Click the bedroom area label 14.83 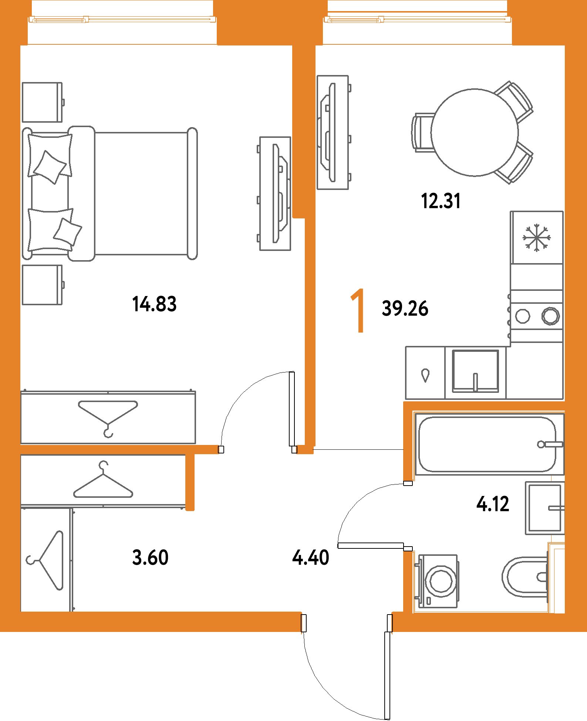(x=154, y=304)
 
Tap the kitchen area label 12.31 (x=441, y=201)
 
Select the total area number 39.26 (x=405, y=309)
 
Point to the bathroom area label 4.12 (x=493, y=504)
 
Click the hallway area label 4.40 (x=310, y=558)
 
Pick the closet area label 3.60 (x=151, y=558)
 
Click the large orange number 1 (x=358, y=311)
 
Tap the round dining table (x=475, y=132)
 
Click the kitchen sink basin (x=475, y=371)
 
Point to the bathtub (x=487, y=444)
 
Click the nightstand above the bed (x=42, y=102)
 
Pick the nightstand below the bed (x=42, y=285)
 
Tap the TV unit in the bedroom (x=275, y=194)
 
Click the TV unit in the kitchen (x=333, y=133)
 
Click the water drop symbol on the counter (x=425, y=375)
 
